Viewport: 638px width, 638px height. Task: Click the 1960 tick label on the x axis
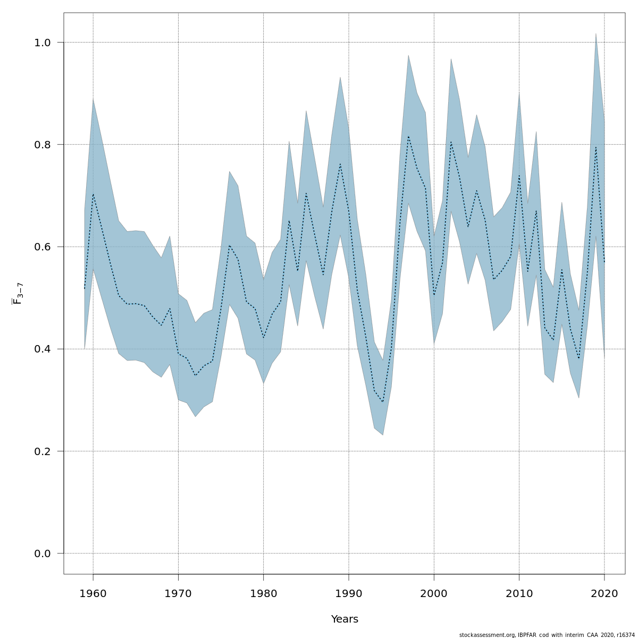point(93,593)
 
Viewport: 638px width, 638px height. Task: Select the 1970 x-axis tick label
point(178,593)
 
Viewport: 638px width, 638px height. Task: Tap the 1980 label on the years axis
point(263,593)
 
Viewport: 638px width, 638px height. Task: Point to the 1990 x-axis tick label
point(349,593)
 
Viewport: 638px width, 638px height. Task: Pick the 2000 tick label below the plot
point(434,593)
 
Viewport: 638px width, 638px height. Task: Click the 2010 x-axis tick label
point(519,593)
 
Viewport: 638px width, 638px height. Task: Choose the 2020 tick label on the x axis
point(604,593)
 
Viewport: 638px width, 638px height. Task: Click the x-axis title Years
point(345,619)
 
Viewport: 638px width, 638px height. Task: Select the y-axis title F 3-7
point(17,293)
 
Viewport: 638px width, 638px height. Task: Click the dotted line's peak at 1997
point(408,137)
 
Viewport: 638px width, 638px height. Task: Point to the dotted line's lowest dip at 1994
point(383,402)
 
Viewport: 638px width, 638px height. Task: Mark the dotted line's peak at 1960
point(93,194)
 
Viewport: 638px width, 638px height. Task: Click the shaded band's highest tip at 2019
point(595,33)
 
